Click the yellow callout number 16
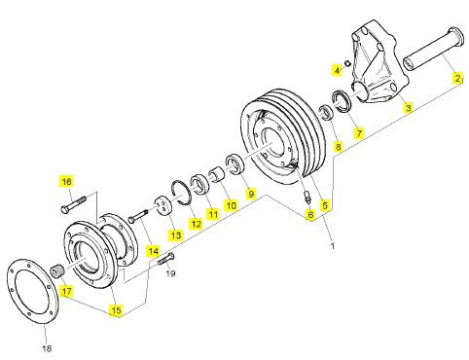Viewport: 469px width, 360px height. click(66, 182)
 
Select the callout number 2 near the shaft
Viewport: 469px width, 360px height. click(457, 79)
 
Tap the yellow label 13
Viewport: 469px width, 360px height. click(175, 234)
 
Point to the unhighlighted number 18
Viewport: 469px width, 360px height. click(47, 348)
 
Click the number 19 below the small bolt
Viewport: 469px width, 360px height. click(170, 273)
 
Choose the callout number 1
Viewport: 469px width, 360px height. click(332, 246)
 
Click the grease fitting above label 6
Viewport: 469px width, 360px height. click(307, 198)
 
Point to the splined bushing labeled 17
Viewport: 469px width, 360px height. click(57, 270)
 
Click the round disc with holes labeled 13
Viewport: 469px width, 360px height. click(162, 206)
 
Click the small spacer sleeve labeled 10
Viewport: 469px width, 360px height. click(217, 174)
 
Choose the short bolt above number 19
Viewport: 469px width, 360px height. click(165, 259)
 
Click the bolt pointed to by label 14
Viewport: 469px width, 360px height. click(138, 216)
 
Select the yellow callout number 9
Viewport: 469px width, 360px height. click(251, 194)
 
